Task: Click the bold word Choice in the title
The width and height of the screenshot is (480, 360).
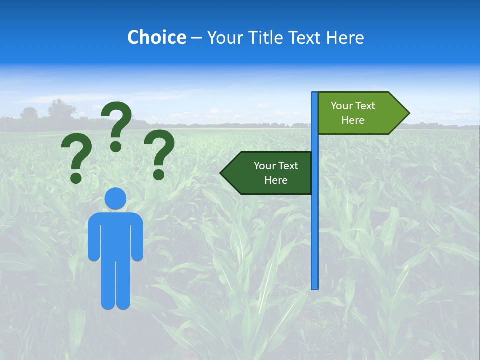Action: tap(156, 37)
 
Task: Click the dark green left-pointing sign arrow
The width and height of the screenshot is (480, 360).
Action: tap(267, 173)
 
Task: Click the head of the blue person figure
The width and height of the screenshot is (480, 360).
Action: tap(115, 198)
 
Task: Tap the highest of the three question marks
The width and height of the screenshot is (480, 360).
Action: tap(117, 122)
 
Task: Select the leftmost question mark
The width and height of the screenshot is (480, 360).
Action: tap(76, 157)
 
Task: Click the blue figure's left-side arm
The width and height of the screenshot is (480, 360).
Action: tap(93, 237)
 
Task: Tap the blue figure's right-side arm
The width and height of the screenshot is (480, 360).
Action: tap(138, 237)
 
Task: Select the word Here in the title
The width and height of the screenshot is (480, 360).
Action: tap(345, 37)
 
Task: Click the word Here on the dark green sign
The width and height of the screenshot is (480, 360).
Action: tap(276, 180)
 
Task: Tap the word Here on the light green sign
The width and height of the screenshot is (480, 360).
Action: tap(353, 120)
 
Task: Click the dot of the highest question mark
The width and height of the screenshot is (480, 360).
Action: tap(116, 146)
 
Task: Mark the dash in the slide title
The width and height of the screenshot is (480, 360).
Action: tap(196, 38)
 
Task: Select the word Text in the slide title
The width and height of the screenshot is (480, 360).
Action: tap(306, 37)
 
